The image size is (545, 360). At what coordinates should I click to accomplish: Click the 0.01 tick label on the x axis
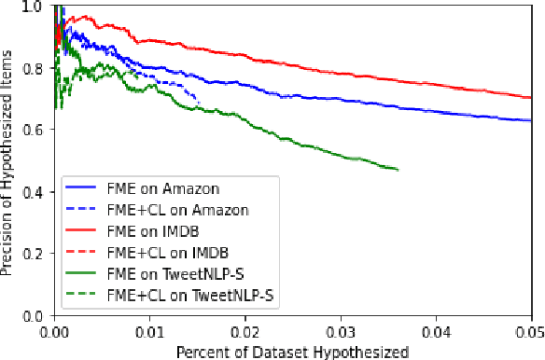150,329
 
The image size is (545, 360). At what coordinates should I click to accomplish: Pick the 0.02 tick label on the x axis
245,329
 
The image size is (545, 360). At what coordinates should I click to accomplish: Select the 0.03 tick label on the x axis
341,329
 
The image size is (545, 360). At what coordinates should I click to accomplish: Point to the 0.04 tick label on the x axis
436,329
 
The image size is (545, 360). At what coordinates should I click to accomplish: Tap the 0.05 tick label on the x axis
528,329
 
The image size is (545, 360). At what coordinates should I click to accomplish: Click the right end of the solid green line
398,170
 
